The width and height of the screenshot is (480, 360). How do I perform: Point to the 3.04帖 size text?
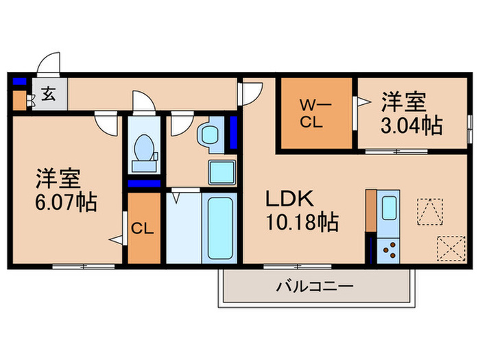point(412,126)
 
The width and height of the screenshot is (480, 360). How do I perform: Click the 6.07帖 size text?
point(67,202)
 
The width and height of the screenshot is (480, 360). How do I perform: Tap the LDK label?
point(290,200)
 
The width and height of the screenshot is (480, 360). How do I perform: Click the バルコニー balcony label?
point(315,286)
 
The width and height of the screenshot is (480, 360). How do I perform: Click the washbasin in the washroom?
point(208,135)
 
